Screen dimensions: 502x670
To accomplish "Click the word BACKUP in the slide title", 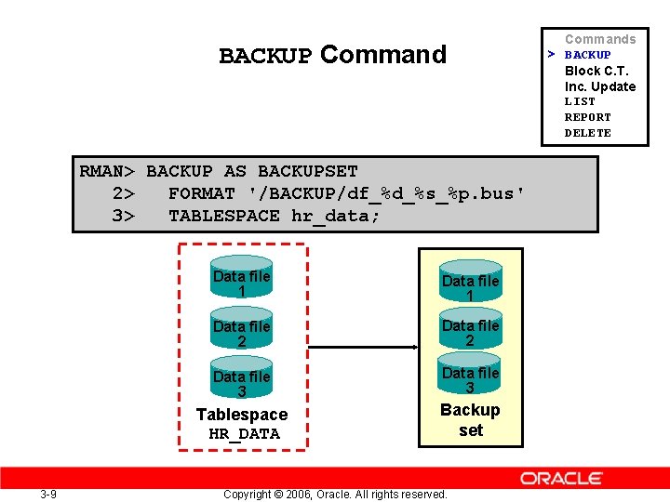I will (265, 56).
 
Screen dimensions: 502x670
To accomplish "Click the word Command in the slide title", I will (383, 55).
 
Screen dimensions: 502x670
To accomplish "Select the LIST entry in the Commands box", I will (580, 101).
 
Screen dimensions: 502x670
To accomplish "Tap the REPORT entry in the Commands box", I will (588, 117).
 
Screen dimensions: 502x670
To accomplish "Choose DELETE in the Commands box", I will (588, 133).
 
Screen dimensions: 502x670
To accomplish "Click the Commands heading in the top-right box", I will (600, 39).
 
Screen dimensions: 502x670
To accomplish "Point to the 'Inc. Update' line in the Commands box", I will (600, 86).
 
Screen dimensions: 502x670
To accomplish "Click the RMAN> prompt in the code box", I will (108, 171).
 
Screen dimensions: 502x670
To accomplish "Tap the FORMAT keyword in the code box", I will (202, 193).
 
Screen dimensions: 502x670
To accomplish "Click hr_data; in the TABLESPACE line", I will (336, 216).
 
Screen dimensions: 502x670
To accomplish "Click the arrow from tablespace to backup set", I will (363, 348).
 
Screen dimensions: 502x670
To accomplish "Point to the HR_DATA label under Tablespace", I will (244, 433).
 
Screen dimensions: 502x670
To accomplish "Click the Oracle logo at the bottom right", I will (561, 478).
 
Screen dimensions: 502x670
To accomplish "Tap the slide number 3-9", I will (48, 494).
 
